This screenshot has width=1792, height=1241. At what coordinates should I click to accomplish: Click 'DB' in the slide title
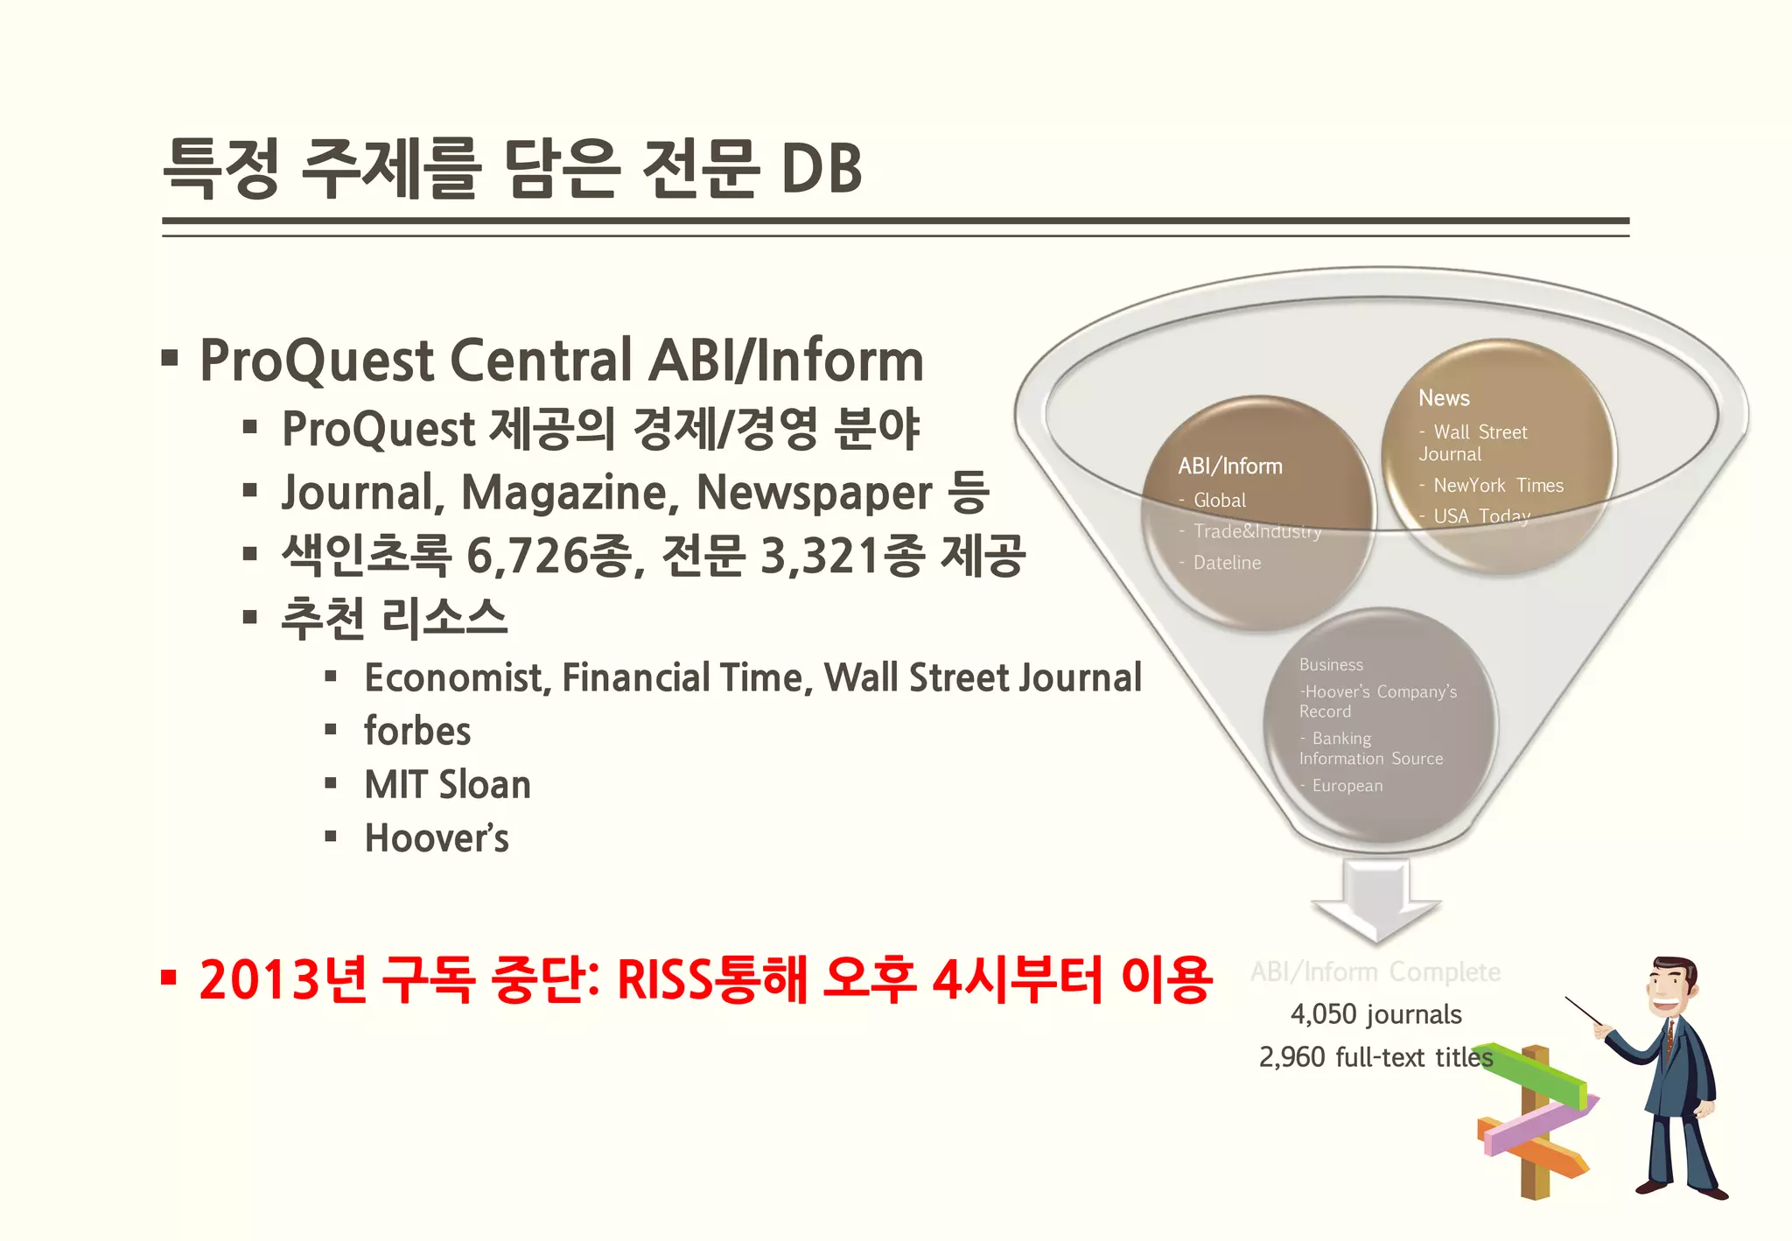[820, 168]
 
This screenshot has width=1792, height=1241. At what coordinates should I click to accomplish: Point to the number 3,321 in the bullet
[819, 555]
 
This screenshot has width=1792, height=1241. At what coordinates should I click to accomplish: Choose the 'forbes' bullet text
[417, 732]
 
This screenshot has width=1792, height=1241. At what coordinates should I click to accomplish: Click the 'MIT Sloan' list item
[447, 785]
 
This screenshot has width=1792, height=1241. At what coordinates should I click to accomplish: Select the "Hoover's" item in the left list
[437, 838]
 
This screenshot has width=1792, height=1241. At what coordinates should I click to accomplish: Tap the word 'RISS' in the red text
[664, 979]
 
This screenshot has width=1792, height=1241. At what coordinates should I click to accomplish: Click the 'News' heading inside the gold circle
[1444, 398]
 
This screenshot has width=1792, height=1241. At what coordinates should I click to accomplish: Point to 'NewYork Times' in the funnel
[1498, 486]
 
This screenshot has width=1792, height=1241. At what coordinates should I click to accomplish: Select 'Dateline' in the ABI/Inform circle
[1227, 563]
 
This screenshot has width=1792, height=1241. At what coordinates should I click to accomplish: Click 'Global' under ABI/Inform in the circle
[1219, 501]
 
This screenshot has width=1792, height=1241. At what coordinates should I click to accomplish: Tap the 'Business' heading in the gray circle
[1331, 665]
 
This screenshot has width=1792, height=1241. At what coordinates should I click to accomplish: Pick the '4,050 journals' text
[1375, 1015]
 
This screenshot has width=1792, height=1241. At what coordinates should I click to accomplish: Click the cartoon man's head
[1672, 989]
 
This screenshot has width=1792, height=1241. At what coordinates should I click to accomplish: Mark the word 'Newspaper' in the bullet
[814, 493]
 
